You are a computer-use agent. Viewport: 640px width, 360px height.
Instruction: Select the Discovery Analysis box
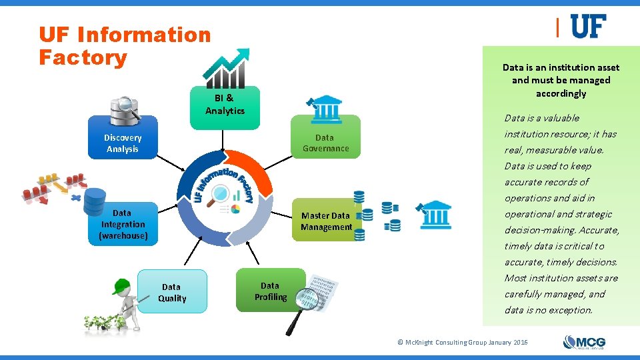point(123,143)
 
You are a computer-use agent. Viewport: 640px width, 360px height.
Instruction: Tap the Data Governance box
point(325,143)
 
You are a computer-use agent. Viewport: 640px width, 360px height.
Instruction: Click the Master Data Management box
point(326,221)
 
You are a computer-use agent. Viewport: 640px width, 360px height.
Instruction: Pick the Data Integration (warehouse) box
point(123,225)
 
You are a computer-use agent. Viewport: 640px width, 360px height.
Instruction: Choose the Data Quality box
point(172,292)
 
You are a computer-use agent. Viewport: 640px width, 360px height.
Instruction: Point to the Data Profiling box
point(270,291)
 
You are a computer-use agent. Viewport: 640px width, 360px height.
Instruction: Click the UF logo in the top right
point(588,27)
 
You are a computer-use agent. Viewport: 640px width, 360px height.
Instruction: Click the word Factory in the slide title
point(83,57)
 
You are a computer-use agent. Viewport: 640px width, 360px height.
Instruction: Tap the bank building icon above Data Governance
point(325,107)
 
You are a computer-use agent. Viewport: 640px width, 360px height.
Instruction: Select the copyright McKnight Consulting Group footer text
point(462,342)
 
